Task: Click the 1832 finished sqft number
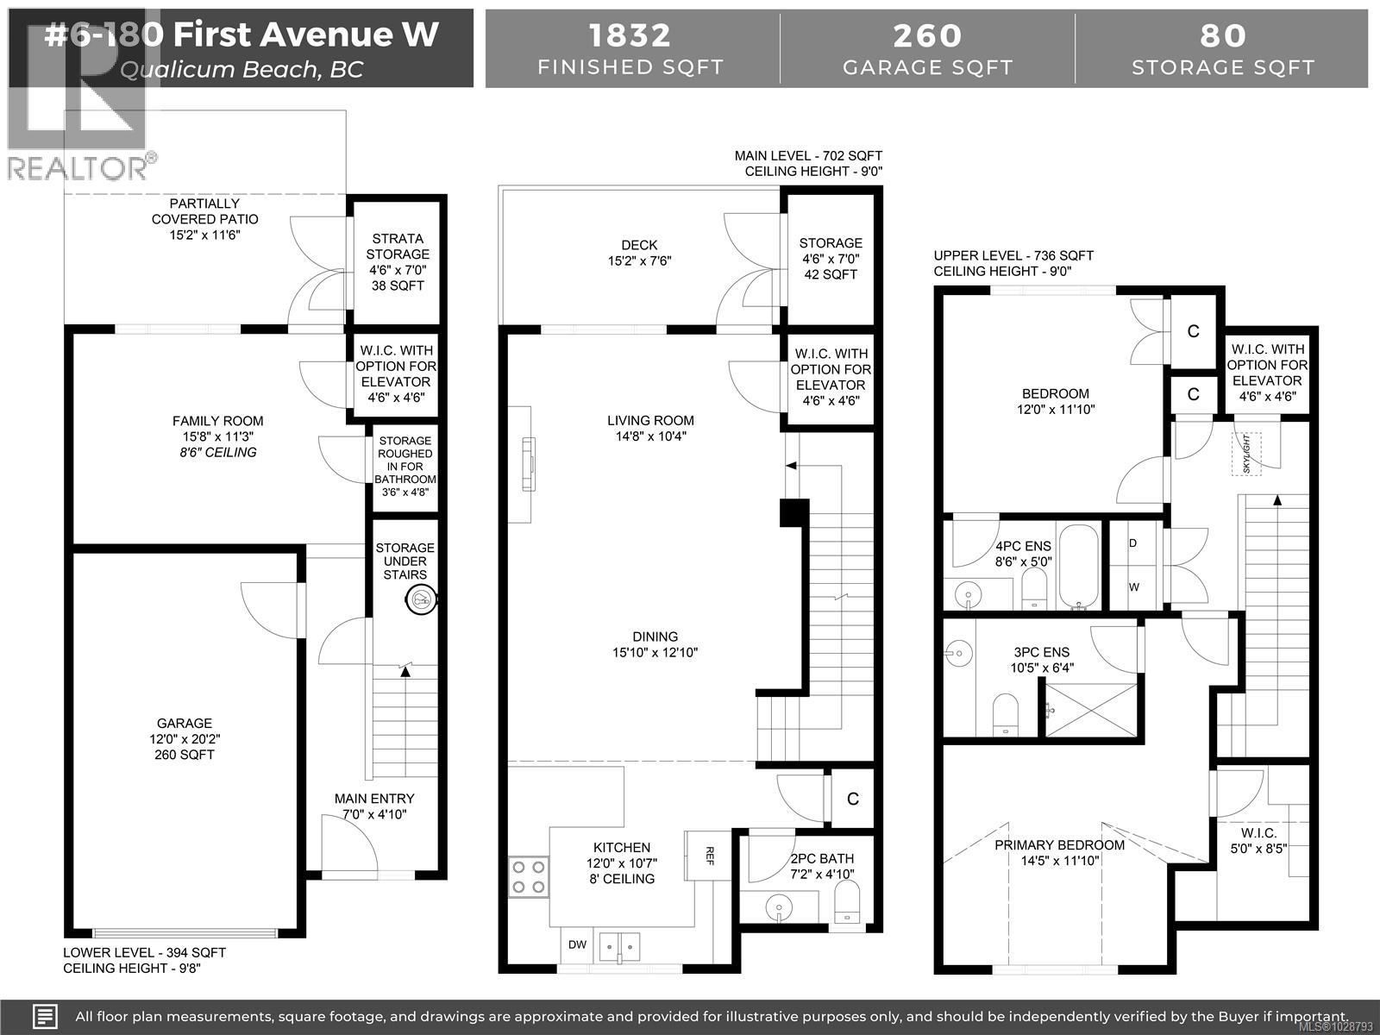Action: coord(630,35)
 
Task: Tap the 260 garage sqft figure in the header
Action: coord(927,35)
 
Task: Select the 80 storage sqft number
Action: coord(1223,35)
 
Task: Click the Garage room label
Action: coord(184,724)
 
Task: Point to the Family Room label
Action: coord(217,421)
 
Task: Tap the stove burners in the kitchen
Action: coord(528,875)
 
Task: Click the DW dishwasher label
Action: coord(577,944)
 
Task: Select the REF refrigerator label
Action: coord(710,855)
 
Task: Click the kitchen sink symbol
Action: coord(620,945)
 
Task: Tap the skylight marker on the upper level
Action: coord(1246,453)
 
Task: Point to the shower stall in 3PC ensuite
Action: coord(1091,710)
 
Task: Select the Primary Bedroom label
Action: coord(1059,844)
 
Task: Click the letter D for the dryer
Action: coord(1132,543)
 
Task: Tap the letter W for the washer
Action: coord(1133,587)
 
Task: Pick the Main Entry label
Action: coord(374,799)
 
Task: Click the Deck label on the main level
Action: coord(639,245)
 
